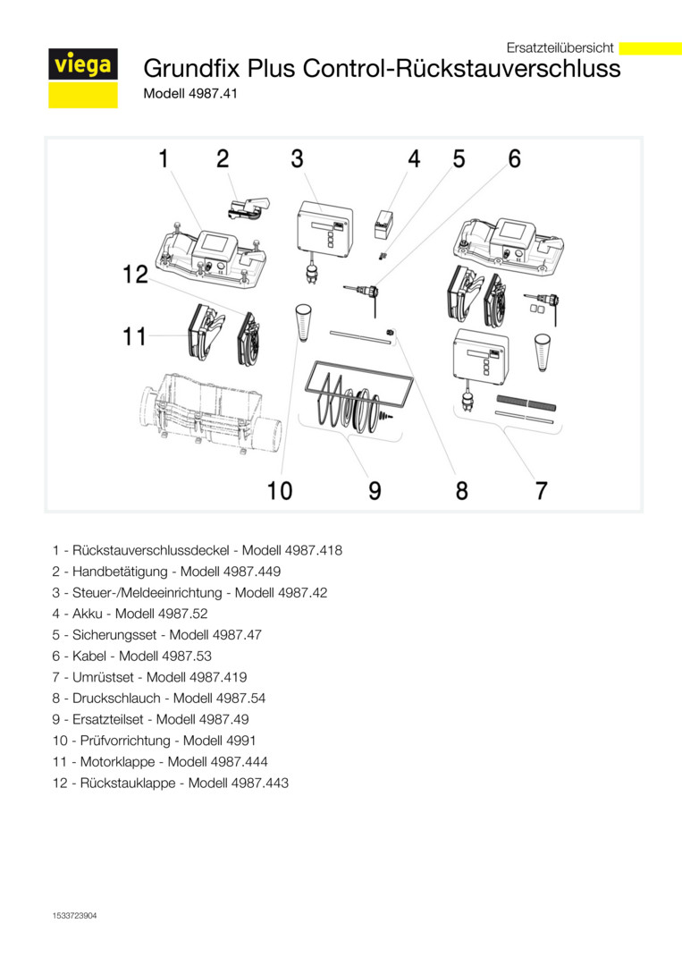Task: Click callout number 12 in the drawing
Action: (x=136, y=275)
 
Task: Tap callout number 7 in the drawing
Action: (x=541, y=490)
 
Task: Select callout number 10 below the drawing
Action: (x=280, y=490)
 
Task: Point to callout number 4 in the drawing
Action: (x=414, y=159)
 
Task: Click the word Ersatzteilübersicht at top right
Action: (x=560, y=47)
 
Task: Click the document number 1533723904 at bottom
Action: (x=74, y=916)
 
